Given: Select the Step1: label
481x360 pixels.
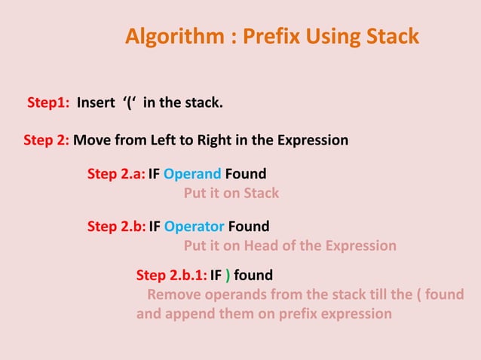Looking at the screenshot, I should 49,102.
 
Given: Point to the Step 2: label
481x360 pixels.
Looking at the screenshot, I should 47,140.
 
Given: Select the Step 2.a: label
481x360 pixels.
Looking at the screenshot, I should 116,174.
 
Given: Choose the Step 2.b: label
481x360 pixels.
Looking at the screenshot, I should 116,226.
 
